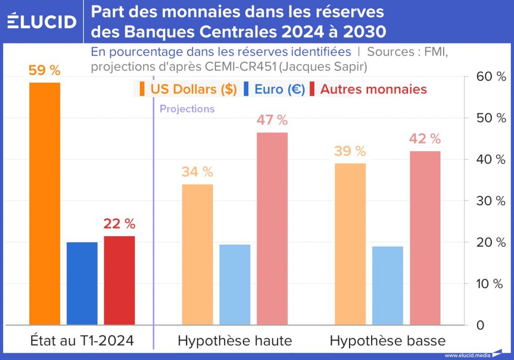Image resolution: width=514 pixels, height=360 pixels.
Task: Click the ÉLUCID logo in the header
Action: click(x=42, y=22)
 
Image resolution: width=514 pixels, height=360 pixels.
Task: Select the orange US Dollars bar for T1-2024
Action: click(x=45, y=203)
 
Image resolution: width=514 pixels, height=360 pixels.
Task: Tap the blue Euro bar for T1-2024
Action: click(x=82, y=283)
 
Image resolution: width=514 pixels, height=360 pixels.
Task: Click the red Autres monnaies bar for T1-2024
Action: click(x=119, y=280)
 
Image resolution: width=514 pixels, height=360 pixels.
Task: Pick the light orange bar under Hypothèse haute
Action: click(x=197, y=255)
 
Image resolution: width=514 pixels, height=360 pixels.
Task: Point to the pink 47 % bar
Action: click(x=272, y=229)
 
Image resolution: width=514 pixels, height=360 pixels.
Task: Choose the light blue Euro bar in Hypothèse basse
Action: click(x=388, y=285)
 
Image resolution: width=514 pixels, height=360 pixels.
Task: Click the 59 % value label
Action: click(x=44, y=70)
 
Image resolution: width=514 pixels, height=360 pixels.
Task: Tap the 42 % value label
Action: click(x=425, y=139)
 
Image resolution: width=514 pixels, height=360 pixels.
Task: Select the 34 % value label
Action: click(x=197, y=172)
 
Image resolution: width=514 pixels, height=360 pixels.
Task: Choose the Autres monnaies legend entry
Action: click(x=373, y=89)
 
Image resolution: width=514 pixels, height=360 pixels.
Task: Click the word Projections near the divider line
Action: click(x=187, y=109)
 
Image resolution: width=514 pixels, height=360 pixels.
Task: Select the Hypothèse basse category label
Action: click(x=388, y=340)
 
